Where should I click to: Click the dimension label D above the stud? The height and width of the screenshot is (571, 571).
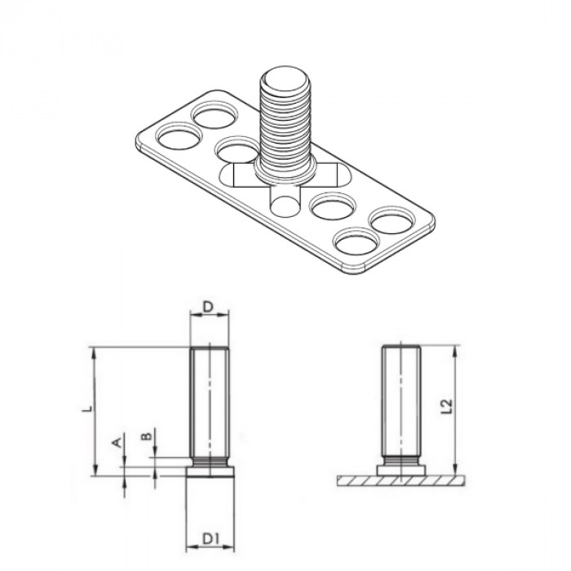pyautogui.click(x=208, y=307)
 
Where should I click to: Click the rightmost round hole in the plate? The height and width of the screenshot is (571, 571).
pyautogui.click(x=392, y=221)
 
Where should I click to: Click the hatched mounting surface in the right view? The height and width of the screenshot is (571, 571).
pyautogui.click(x=400, y=480)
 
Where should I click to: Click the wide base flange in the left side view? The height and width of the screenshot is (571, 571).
pyautogui.click(x=210, y=471)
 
